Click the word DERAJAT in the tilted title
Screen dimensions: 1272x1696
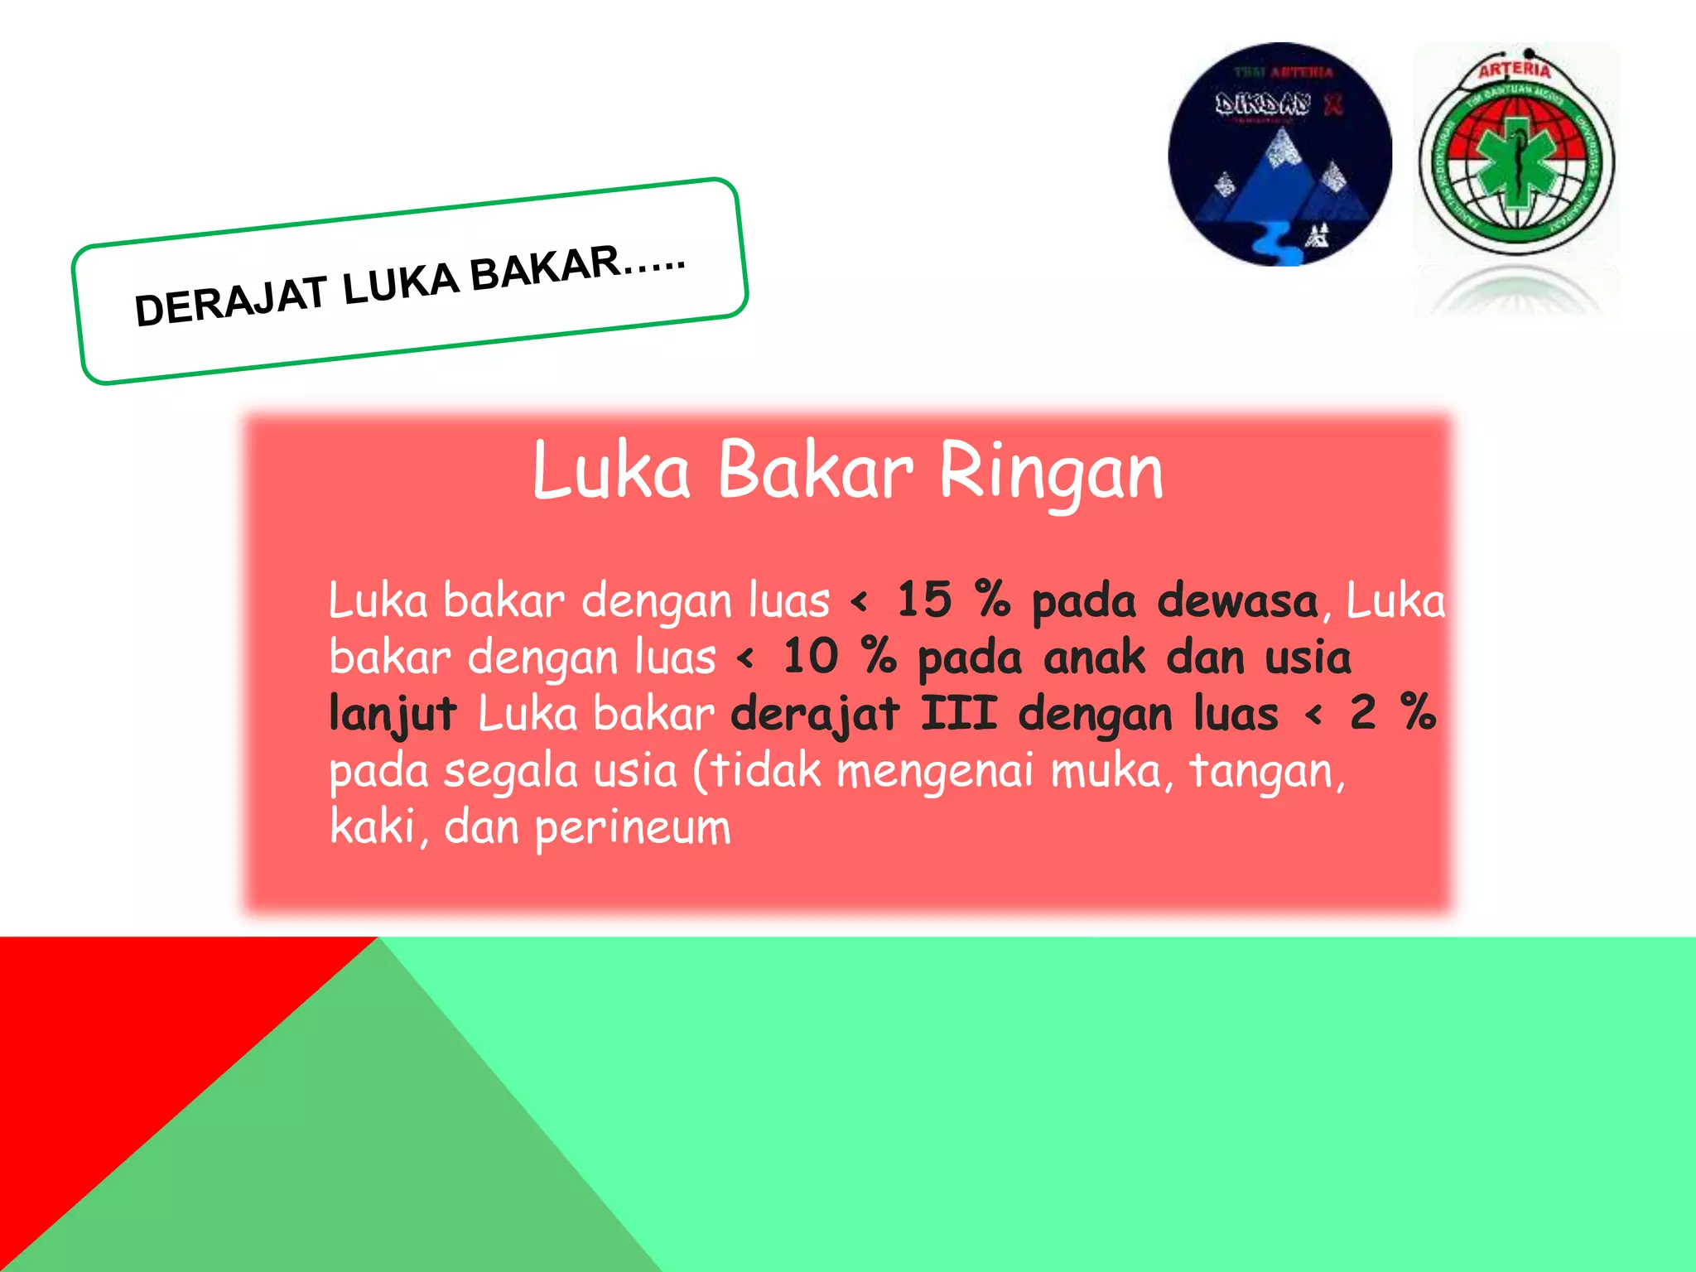click(x=230, y=300)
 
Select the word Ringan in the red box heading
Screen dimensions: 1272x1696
click(x=1051, y=472)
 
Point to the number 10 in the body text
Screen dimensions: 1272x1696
click(x=811, y=656)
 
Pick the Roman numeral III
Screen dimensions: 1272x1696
click(x=959, y=712)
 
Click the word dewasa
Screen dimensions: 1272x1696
click(x=1237, y=600)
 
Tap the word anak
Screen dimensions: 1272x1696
click(x=1094, y=657)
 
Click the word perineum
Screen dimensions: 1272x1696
click(x=633, y=827)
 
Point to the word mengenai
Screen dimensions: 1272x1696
click(x=935, y=771)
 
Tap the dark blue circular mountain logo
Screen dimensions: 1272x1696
click(x=1279, y=155)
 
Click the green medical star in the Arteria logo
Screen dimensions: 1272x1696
click(x=1517, y=162)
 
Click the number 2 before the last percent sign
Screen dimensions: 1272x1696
click(x=1362, y=712)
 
